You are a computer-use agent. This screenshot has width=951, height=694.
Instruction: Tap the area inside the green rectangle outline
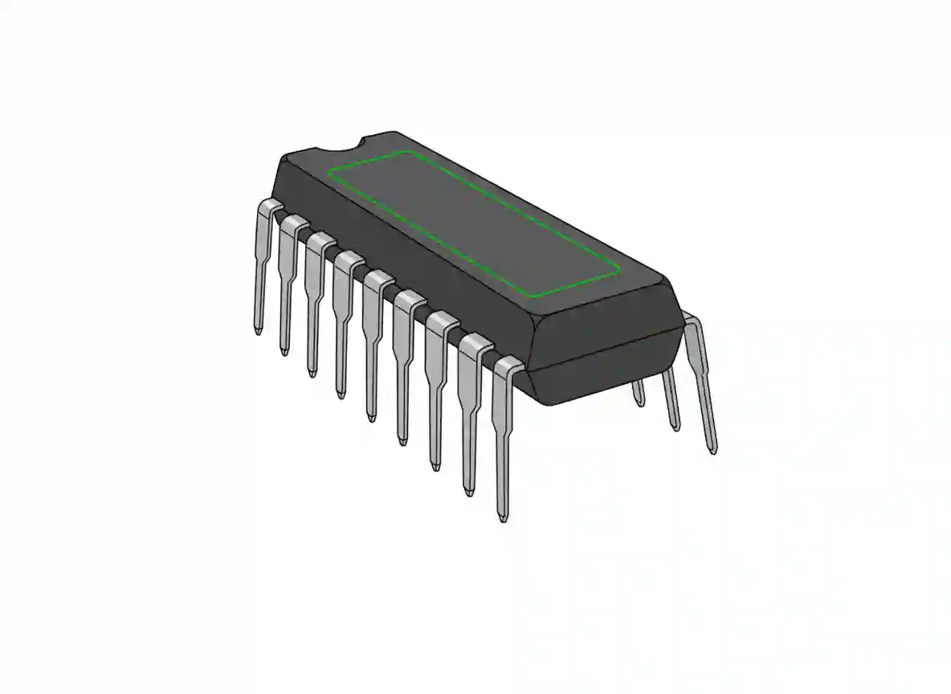(474, 221)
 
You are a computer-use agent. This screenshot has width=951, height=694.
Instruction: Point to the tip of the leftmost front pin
(258, 330)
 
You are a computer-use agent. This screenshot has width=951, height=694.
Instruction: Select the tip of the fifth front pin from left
(370, 415)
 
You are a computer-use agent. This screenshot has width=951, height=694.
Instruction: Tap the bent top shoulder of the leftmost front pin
(267, 208)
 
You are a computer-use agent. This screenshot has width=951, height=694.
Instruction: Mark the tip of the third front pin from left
(311, 372)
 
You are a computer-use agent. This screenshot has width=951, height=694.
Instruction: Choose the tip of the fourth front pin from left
(340, 394)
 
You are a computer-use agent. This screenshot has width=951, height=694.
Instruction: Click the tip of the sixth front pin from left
(402, 439)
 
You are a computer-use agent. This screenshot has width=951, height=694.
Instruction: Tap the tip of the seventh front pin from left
(435, 465)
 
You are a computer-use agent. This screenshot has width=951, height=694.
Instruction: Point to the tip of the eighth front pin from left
(468, 491)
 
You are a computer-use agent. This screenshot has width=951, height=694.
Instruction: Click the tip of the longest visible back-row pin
(712, 450)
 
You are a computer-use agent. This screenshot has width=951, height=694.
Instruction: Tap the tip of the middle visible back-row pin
(675, 426)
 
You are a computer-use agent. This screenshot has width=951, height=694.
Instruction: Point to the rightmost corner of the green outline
(619, 271)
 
